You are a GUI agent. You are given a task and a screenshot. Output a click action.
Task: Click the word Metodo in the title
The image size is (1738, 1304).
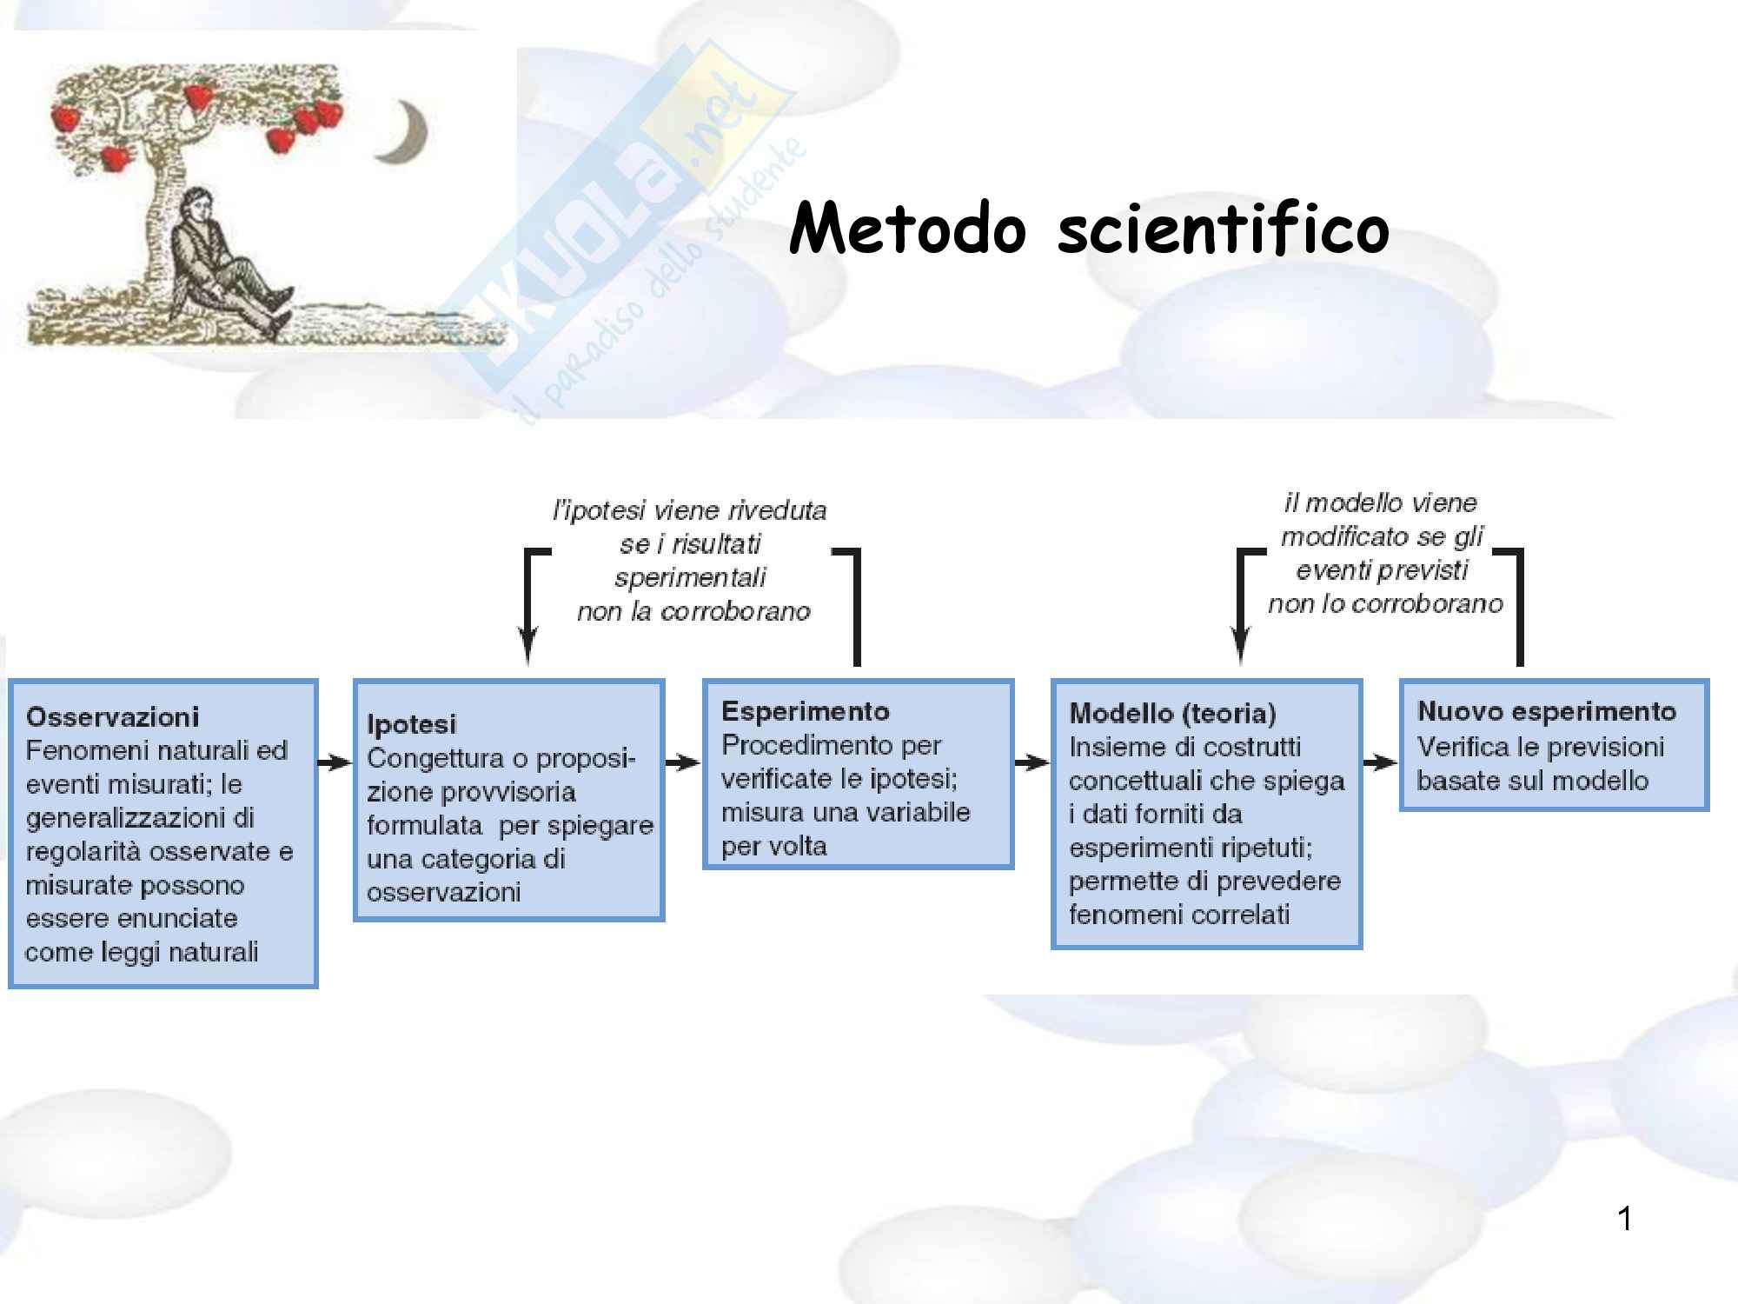pos(907,229)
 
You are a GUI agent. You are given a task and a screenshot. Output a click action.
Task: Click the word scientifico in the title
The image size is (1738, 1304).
pos(1223,229)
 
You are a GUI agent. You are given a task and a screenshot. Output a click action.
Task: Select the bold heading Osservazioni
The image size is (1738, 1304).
pos(113,717)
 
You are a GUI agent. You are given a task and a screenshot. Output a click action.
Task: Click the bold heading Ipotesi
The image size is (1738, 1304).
pos(411,724)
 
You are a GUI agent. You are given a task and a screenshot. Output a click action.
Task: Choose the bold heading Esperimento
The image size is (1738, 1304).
pos(806,711)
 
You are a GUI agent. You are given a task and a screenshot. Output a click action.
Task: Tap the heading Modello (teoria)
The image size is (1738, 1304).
pos(1172,714)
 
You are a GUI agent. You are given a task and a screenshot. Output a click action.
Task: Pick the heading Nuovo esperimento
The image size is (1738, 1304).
pos(1546,711)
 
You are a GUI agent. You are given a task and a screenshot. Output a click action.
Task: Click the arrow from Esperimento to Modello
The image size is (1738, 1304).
pos(1032,763)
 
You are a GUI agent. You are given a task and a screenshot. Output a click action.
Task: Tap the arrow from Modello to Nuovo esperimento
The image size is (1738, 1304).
pos(1381,763)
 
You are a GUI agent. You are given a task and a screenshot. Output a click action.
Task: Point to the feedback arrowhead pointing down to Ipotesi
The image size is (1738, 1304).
pos(527,648)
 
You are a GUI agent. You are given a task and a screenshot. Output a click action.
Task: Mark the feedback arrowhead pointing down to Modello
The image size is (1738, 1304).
pos(1241,648)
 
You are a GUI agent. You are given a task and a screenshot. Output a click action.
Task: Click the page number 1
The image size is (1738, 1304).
pos(1624,1219)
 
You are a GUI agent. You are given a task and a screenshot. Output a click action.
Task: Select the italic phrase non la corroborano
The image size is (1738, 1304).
pos(693,611)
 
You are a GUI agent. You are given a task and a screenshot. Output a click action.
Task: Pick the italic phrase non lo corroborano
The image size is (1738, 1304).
pos(1385,603)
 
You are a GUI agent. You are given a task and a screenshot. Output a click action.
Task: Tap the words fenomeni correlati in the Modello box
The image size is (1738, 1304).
pos(1179,915)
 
